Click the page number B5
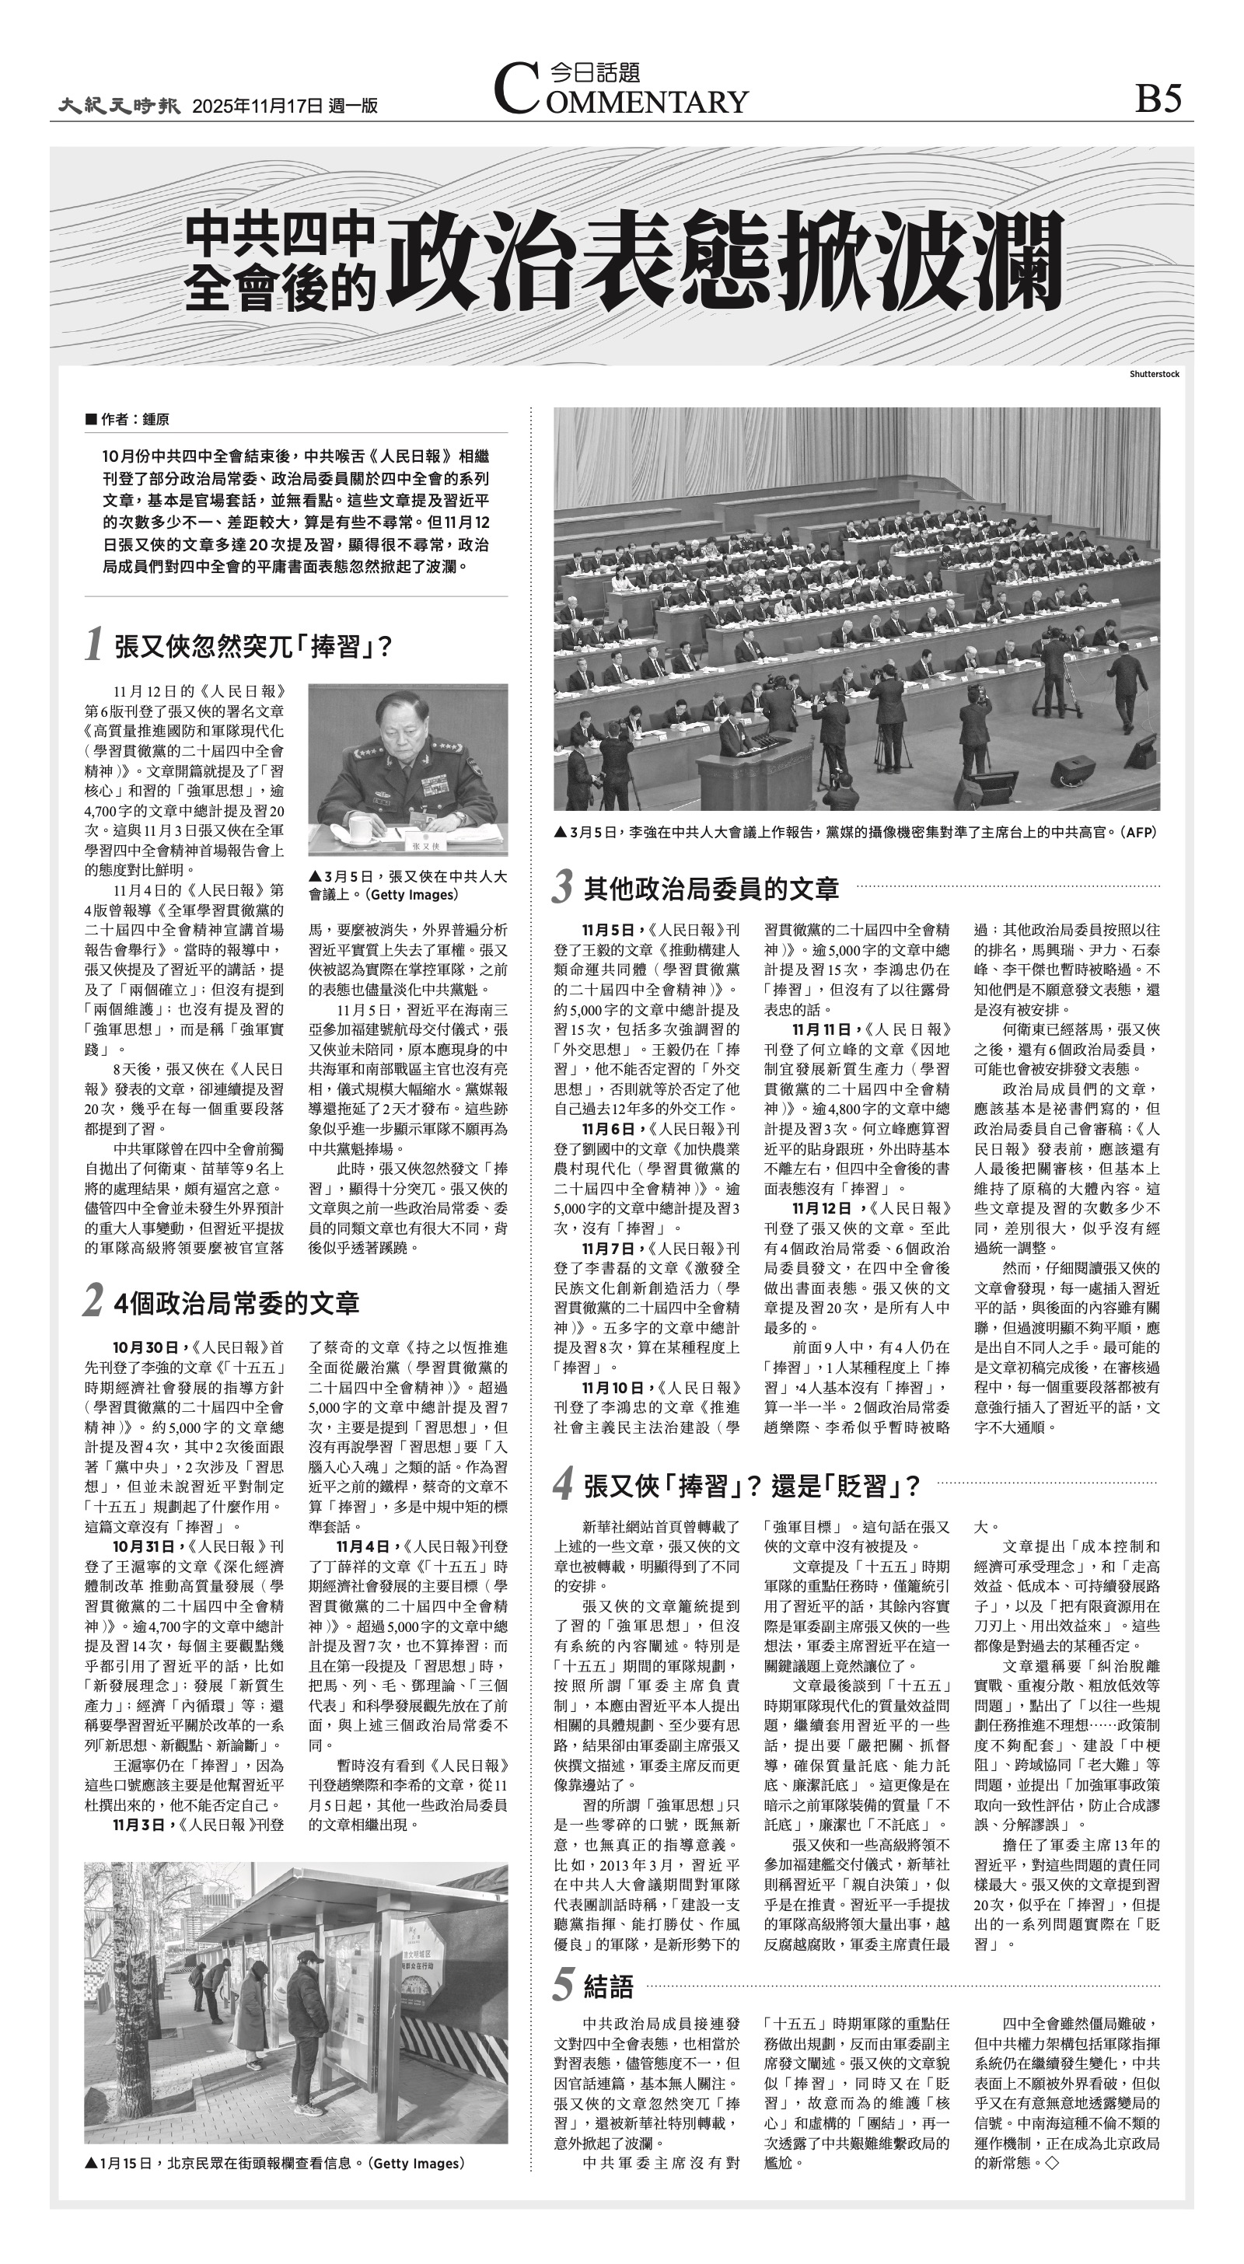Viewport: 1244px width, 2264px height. point(1158,97)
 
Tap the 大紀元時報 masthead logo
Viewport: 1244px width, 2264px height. point(120,106)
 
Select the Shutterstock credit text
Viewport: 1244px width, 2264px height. point(1155,375)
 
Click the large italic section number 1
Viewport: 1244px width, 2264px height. point(95,646)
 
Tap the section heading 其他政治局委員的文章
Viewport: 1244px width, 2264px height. point(711,889)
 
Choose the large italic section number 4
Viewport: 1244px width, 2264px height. point(564,1485)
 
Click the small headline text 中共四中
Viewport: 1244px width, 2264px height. point(280,237)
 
